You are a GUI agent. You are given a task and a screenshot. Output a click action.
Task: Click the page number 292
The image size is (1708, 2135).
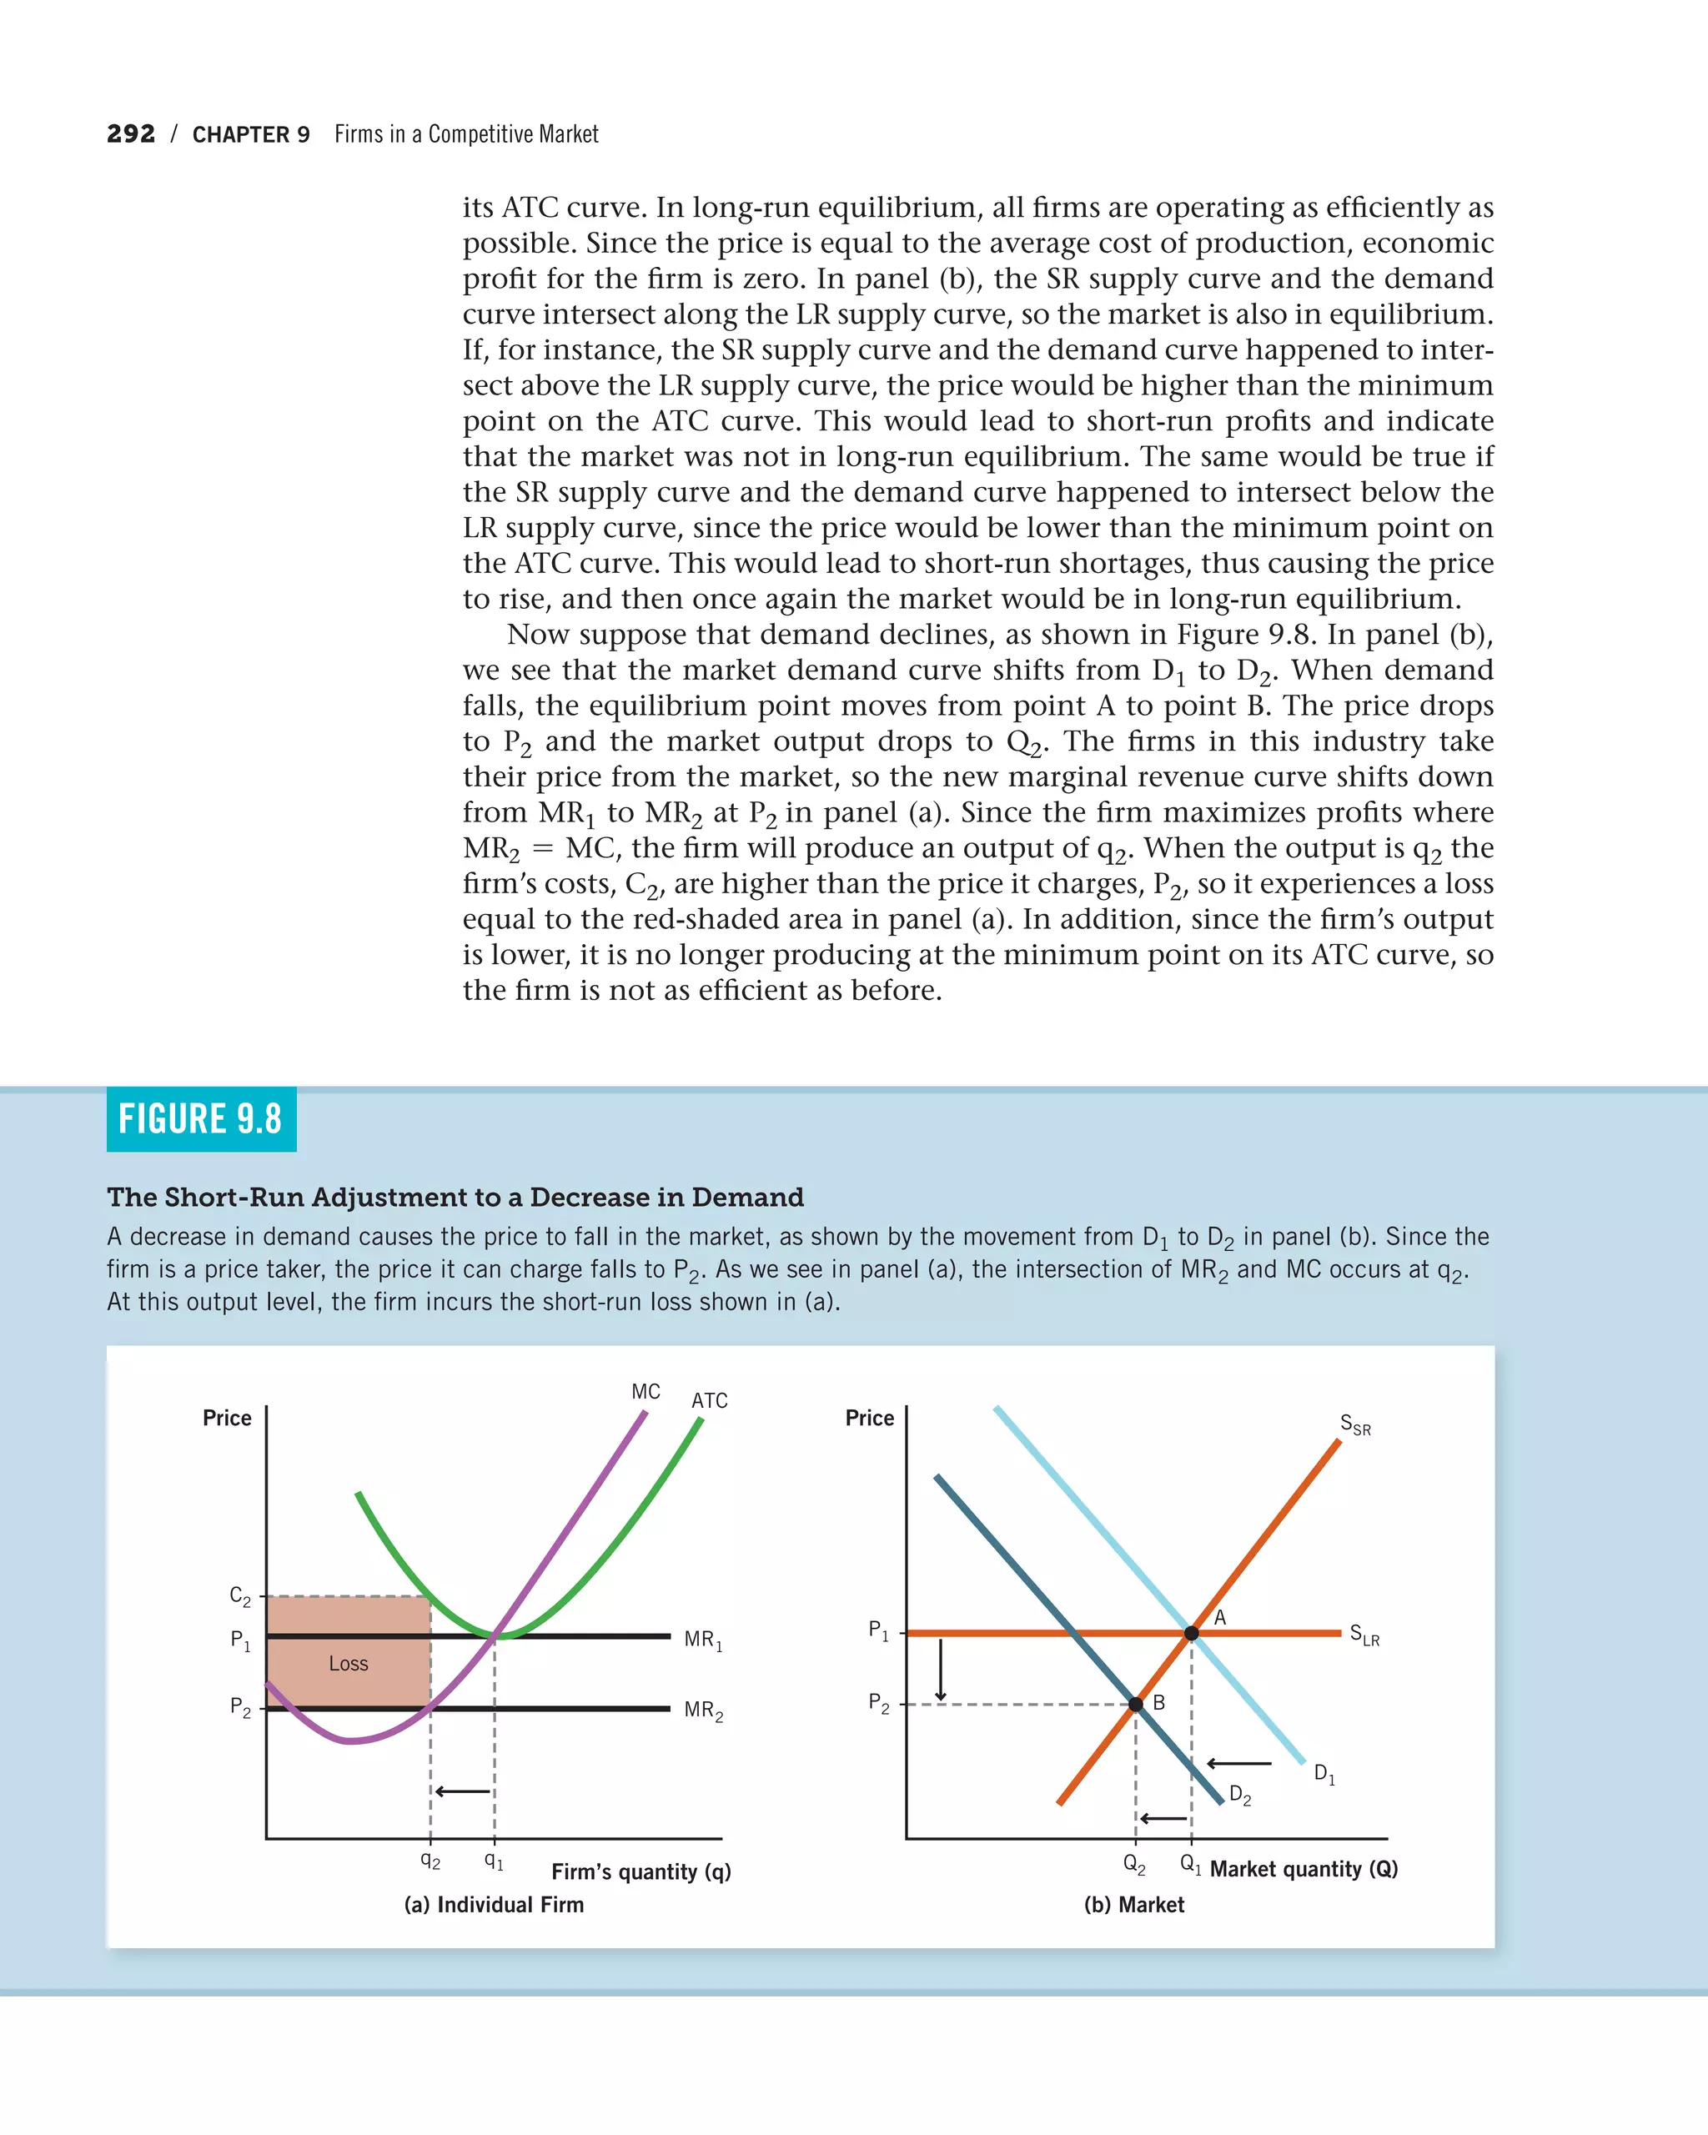(131, 133)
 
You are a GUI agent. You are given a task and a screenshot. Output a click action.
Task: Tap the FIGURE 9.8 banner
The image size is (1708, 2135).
(201, 1119)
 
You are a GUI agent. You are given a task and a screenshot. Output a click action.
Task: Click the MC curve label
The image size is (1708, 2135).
(646, 1391)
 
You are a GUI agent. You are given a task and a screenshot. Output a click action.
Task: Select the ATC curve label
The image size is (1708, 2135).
(709, 1400)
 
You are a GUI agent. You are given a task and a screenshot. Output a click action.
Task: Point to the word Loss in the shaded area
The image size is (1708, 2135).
(349, 1664)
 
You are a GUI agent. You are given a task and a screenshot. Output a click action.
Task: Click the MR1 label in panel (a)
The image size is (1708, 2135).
(703, 1640)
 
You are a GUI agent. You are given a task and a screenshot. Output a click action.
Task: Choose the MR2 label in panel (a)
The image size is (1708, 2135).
(703, 1711)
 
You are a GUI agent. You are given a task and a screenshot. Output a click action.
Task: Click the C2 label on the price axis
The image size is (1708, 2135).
(239, 1596)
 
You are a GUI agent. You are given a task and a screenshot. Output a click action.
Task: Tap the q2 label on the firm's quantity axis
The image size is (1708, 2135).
(430, 1861)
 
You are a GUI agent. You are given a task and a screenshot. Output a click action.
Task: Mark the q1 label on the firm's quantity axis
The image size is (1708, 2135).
(493, 1861)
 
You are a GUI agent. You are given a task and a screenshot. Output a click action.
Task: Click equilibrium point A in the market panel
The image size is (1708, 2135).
(1191, 1633)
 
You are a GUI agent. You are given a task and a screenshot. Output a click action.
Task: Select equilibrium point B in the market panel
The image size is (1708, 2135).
(1136, 1704)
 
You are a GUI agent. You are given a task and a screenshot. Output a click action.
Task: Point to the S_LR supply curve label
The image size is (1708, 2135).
(1364, 1634)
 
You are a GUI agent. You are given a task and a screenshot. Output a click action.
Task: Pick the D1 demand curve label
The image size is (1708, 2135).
(1324, 1774)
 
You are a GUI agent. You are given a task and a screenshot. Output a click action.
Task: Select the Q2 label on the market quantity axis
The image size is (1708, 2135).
(1133, 1864)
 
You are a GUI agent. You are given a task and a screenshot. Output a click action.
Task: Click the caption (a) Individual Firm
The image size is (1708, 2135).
(493, 1904)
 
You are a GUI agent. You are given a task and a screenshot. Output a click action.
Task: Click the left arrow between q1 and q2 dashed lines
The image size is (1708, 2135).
(462, 1791)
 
